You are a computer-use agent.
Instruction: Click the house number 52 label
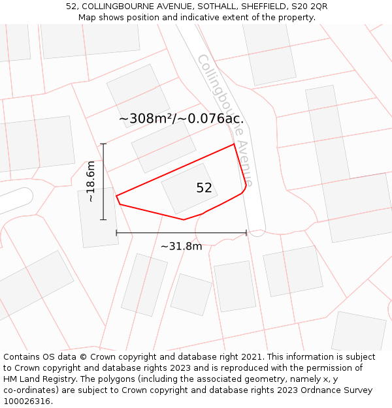(x=204, y=188)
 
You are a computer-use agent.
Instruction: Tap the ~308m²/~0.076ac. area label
(x=182, y=119)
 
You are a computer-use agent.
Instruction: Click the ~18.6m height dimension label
(x=91, y=181)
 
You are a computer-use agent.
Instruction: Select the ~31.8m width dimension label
(x=182, y=246)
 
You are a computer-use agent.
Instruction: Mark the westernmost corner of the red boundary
(x=116, y=196)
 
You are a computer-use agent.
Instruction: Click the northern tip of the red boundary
(x=234, y=144)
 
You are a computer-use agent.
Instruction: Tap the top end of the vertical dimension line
(x=103, y=144)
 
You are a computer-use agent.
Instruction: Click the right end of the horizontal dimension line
(x=246, y=232)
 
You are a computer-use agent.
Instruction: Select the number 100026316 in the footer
(x=27, y=401)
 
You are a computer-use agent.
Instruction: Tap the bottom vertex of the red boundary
(x=184, y=219)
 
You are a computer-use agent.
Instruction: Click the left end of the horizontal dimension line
(x=116, y=232)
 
